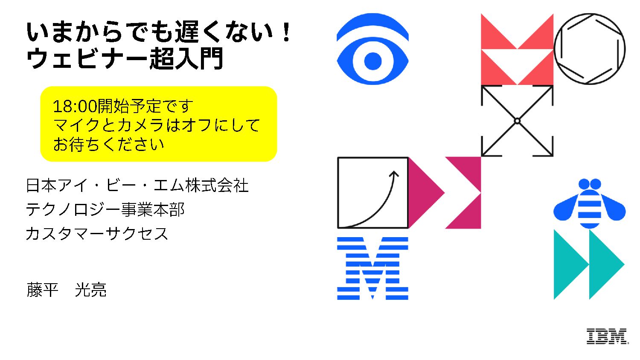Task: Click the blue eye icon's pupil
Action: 372,61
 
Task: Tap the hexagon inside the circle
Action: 589,49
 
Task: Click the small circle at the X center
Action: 517,121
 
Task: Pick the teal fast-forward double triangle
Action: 589,264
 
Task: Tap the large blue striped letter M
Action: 372,268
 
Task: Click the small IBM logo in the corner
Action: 607,336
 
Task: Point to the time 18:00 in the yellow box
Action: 75,106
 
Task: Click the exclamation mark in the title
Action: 287,33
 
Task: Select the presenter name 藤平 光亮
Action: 67,290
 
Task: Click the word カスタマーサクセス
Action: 97,234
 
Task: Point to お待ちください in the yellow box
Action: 108,145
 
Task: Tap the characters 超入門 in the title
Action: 186,58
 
